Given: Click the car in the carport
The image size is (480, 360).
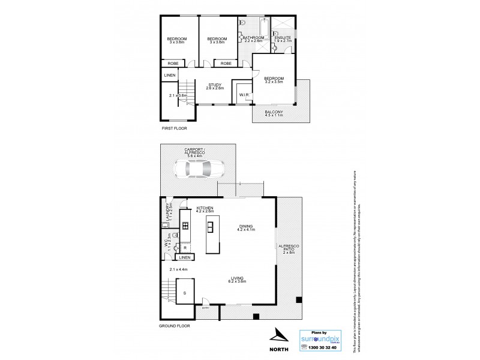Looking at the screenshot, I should pyautogui.click(x=197, y=170).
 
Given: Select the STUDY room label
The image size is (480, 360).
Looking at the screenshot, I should pyautogui.click(x=215, y=85).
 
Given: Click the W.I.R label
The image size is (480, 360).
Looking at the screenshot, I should pyautogui.click(x=244, y=95).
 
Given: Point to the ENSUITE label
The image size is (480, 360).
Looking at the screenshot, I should pyautogui.click(x=283, y=38).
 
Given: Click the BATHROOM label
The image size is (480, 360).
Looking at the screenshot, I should pyautogui.click(x=253, y=38).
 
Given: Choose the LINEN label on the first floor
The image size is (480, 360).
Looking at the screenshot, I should pyautogui.click(x=170, y=75).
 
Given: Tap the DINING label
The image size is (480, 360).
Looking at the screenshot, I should pyautogui.click(x=246, y=226).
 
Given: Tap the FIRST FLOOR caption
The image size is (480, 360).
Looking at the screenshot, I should pyautogui.click(x=175, y=128).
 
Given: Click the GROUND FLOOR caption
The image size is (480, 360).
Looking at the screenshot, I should pyautogui.click(x=175, y=325).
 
